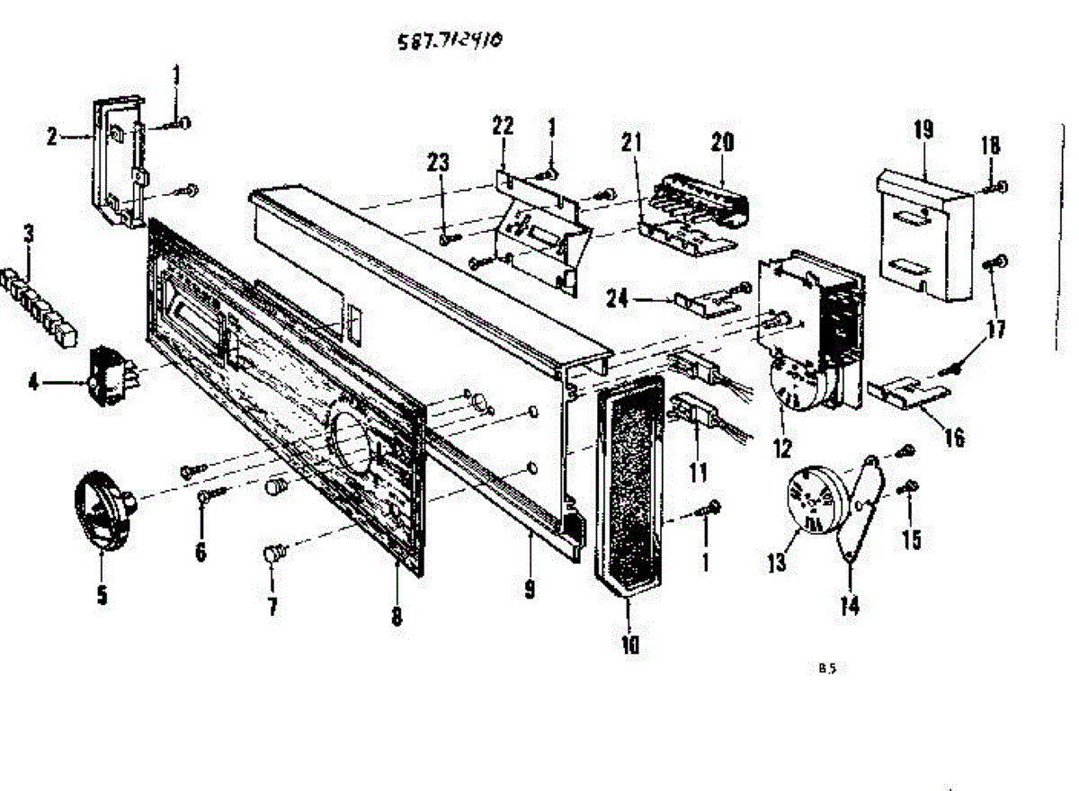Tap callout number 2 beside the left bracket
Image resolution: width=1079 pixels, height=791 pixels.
pyautogui.click(x=52, y=138)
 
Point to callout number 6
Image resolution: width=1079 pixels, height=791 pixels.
pyautogui.click(x=200, y=550)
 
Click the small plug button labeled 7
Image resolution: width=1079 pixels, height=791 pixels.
pyautogui.click(x=272, y=553)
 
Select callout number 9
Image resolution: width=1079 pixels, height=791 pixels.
pyautogui.click(x=530, y=590)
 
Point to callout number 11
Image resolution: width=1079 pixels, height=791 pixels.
pyautogui.click(x=698, y=470)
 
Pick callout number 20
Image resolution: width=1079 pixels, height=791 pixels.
pyautogui.click(x=723, y=142)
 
